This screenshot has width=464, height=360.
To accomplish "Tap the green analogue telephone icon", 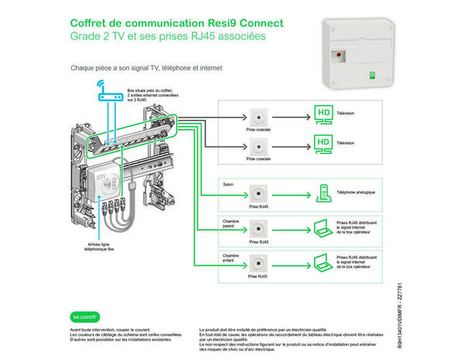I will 322,193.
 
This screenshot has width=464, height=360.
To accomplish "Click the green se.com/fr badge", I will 84,316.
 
